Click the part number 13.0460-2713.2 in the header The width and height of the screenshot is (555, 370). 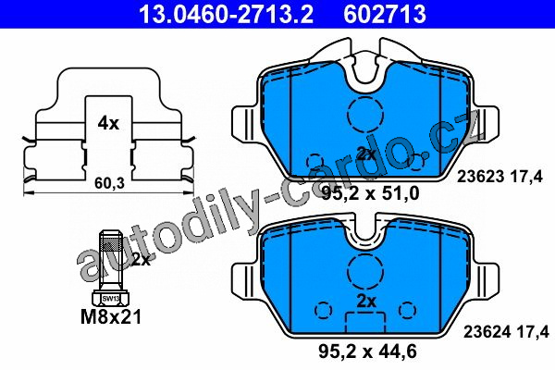click(227, 14)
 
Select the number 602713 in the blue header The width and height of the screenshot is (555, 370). click(385, 14)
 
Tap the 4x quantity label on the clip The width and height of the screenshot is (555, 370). click(108, 123)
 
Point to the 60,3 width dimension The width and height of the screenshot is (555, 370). click(110, 183)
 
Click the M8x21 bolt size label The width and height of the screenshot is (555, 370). click(111, 316)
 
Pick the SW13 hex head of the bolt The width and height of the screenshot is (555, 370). click(110, 298)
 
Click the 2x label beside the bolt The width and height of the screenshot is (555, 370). click(141, 260)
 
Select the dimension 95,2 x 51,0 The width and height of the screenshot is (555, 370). click(370, 193)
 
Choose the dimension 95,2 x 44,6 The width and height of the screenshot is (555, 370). click(367, 351)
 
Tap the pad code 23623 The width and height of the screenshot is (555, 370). click(480, 177)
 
